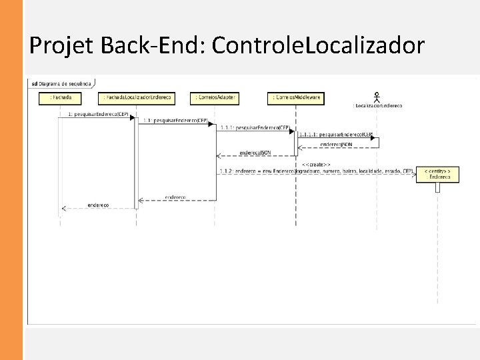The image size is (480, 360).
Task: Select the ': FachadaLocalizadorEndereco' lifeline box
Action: [137, 98]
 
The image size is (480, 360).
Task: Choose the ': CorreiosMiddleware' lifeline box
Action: [295, 98]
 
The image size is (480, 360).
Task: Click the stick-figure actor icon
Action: [378, 95]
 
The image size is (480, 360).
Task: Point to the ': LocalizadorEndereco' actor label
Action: [378, 106]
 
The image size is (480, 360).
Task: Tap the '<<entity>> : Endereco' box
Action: [437, 175]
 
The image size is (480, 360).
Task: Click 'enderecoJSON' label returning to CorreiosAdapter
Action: [255, 152]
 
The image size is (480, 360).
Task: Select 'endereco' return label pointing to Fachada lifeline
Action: [98, 205]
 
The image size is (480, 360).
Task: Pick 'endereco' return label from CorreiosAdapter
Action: [176, 197]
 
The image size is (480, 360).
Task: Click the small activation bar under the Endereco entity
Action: [437, 187]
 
